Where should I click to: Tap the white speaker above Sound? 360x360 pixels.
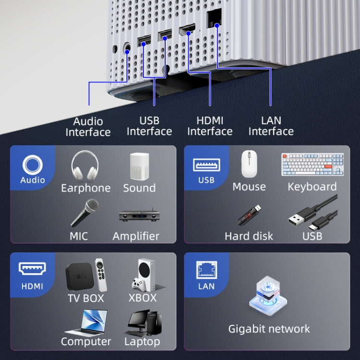point(139,167)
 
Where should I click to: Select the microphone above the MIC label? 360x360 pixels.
point(85,213)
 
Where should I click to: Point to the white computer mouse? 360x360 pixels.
point(249,164)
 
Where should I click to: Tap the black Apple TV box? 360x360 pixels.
point(79,276)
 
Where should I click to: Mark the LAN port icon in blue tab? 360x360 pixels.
point(206,270)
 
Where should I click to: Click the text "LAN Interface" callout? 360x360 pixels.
point(271,126)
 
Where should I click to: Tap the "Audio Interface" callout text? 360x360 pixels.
point(88,127)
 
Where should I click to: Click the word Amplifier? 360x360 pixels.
point(136,236)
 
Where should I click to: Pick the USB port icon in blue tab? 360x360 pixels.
point(206,165)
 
